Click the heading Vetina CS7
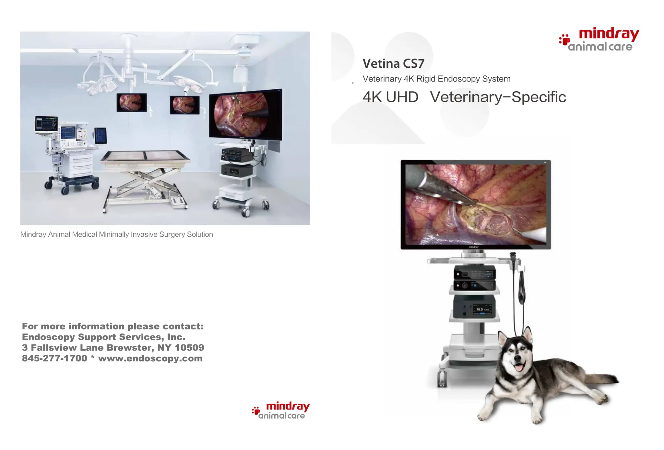pos(393,64)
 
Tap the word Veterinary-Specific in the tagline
pos(498,97)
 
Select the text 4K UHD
pos(390,97)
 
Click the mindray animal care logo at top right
pos(599,40)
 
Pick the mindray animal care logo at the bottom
pos(281,411)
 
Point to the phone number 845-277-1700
pos(54,358)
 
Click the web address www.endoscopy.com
pos(150,358)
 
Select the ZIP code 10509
pos(189,348)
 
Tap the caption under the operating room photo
pos(116,234)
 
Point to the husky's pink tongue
pos(519,367)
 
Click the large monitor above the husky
pos(476,204)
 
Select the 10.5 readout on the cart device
pos(480,309)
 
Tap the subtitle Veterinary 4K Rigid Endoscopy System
pos(436,79)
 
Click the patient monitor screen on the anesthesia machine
pos(46,124)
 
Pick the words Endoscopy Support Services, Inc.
pos(103,337)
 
